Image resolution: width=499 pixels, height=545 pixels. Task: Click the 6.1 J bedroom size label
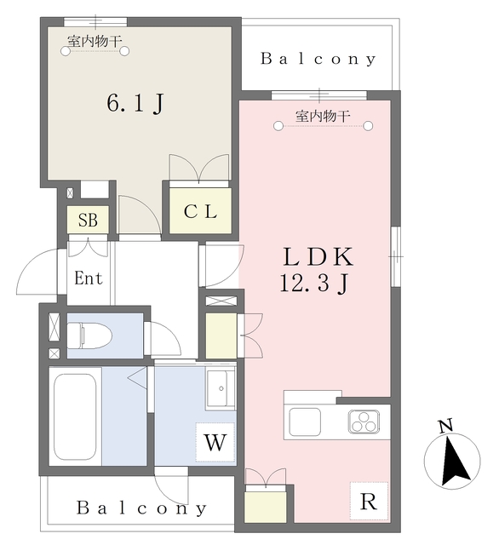135,103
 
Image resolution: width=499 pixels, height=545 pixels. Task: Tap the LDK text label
318,257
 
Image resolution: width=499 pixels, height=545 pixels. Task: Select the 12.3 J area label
313,283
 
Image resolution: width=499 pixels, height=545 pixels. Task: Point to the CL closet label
200,211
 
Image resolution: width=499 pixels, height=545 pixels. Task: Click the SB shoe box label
88,220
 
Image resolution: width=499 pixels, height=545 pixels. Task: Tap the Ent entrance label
89,278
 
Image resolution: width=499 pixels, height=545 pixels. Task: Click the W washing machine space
215,442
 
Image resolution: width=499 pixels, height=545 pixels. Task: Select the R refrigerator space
369,502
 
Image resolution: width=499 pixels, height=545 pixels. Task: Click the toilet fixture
89,336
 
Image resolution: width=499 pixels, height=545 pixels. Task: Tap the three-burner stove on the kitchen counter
364,422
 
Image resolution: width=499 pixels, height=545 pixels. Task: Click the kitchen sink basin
305,422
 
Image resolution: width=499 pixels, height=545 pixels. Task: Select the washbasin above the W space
221,388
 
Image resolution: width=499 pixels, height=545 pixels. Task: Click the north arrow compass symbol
452,461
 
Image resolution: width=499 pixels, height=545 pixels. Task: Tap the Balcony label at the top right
318,59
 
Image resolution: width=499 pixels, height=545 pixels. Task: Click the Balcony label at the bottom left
141,508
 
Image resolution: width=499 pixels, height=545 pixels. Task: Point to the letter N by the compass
445,426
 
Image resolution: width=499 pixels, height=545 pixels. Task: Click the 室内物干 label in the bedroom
95,42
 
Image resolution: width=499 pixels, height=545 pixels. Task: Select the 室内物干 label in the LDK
323,116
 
